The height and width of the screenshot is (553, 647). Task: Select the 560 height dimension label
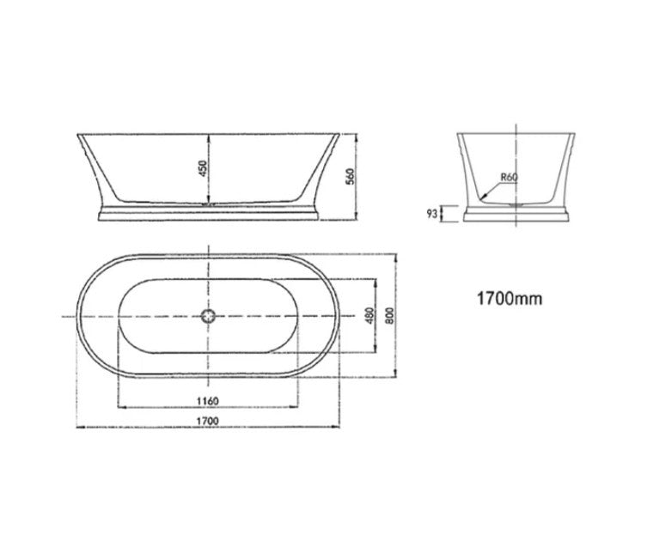(x=351, y=175)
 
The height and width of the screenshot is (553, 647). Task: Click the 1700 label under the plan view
(x=206, y=421)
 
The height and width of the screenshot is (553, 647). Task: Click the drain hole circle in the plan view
(x=207, y=316)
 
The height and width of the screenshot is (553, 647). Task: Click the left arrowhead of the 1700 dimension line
(x=80, y=427)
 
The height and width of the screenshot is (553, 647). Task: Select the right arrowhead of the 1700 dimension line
(x=335, y=427)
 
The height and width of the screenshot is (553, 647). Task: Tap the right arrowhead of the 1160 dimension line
(x=296, y=407)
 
